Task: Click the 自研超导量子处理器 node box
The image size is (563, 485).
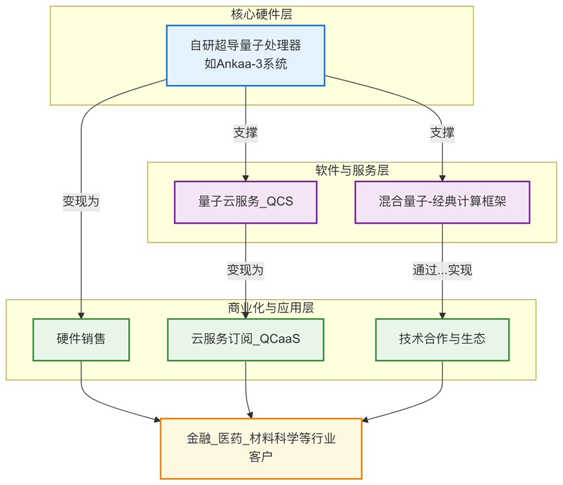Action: [245, 55]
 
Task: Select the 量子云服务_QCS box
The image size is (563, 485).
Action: [245, 202]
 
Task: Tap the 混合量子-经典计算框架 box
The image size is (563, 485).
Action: [442, 202]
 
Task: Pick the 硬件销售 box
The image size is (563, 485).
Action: [81, 339]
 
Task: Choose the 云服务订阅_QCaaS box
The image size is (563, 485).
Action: [245, 339]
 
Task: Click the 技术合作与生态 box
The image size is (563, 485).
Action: [442, 339]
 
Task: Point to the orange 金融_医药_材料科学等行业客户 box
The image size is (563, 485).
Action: [261, 448]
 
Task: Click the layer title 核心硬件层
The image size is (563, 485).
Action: [261, 14]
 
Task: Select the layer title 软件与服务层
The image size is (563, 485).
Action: [352, 169]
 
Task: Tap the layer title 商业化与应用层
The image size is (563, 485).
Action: [271, 307]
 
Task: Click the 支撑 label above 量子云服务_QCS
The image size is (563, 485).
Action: [245, 132]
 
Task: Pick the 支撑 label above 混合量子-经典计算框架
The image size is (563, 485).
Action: [442, 132]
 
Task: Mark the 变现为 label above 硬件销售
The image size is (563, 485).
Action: [81, 201]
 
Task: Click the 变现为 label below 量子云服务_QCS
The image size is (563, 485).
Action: [245, 270]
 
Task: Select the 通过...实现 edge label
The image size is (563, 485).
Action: [442, 270]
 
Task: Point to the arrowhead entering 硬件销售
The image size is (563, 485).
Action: [81, 314]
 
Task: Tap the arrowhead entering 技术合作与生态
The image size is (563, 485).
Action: [442, 314]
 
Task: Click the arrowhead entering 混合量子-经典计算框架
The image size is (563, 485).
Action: [442, 177]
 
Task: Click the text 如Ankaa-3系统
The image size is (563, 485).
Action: [245, 63]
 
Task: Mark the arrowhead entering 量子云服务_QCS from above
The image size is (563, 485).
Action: [245, 177]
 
